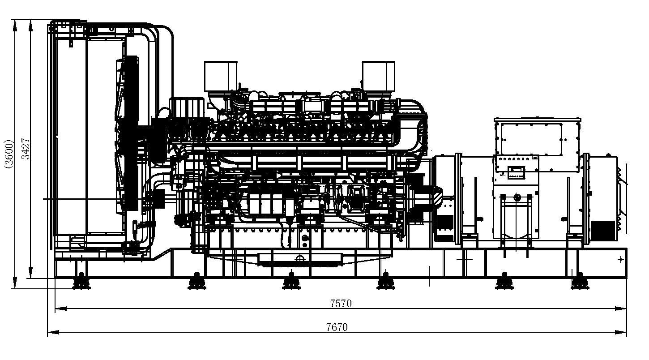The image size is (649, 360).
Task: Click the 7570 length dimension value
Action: point(341,304)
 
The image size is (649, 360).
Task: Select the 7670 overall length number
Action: point(337,327)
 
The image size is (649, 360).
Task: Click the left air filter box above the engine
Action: point(220,76)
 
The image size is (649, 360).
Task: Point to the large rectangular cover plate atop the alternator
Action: point(531,139)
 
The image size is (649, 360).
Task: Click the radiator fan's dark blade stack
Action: point(130,134)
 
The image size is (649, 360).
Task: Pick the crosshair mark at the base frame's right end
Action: point(620,259)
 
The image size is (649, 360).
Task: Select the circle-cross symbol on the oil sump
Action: point(300,259)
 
